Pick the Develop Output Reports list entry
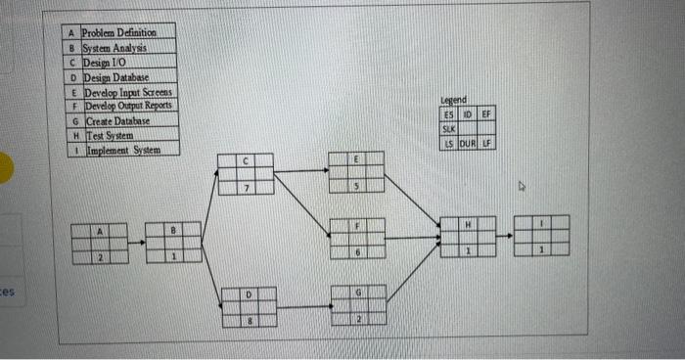point(128,106)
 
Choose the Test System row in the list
point(114,136)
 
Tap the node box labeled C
point(247,172)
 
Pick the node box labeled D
point(249,305)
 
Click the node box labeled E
point(356,171)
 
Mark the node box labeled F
point(357,238)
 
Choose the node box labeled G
point(358,305)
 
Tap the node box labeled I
point(541,237)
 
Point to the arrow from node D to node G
point(303,306)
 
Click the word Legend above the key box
point(454,99)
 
